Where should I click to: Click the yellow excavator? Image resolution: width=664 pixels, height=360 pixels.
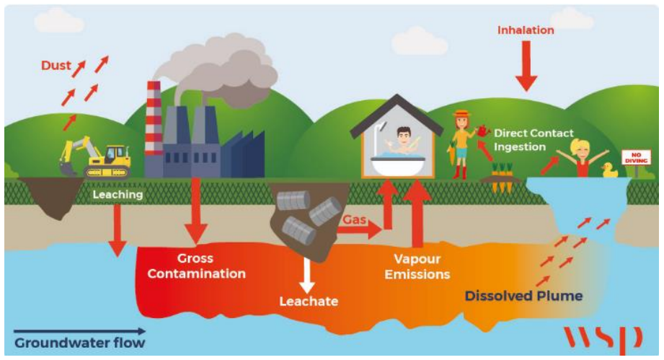pos(101,157)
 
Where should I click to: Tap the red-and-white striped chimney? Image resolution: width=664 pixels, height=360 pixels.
pos(154,119)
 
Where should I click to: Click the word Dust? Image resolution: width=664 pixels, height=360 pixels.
pos(56,66)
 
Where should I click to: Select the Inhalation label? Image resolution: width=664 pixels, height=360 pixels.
pos(526,30)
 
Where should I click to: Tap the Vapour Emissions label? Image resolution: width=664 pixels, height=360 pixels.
pos(417,266)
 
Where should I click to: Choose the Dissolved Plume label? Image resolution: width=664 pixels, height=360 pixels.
pos(523,296)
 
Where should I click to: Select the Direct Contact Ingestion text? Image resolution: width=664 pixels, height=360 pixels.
pos(533,140)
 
